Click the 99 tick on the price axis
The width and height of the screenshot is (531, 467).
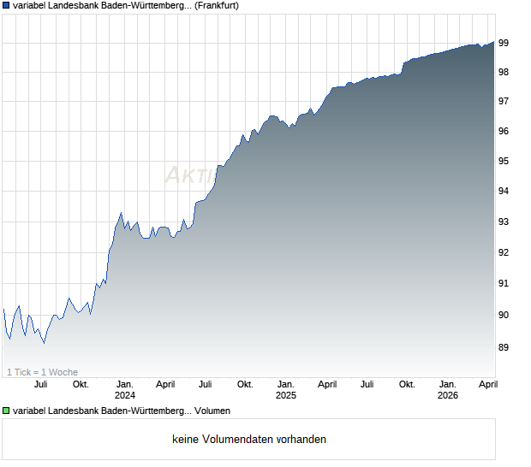(x=504, y=42)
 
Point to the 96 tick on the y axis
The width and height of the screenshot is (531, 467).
(x=504, y=131)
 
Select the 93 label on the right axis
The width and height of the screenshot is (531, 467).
(x=504, y=222)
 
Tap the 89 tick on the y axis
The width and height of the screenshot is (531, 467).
(x=504, y=347)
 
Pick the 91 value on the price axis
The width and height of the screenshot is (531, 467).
(x=504, y=283)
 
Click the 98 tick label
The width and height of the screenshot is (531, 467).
(x=504, y=72)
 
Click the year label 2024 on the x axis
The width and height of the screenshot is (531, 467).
(x=124, y=395)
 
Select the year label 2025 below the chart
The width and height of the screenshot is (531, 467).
(x=285, y=395)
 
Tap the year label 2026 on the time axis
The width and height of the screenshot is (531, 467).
(x=447, y=395)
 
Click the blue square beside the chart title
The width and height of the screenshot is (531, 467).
(x=7, y=5)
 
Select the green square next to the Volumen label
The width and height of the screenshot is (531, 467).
(x=7, y=411)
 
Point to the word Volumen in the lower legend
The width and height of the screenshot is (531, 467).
(x=212, y=411)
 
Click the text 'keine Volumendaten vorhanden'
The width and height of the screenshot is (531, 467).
(x=249, y=440)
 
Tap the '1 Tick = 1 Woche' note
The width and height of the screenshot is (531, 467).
(x=42, y=372)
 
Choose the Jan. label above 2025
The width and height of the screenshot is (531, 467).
(x=285, y=384)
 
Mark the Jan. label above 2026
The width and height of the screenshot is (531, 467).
(x=447, y=384)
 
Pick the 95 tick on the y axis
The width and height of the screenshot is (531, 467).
(x=504, y=161)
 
